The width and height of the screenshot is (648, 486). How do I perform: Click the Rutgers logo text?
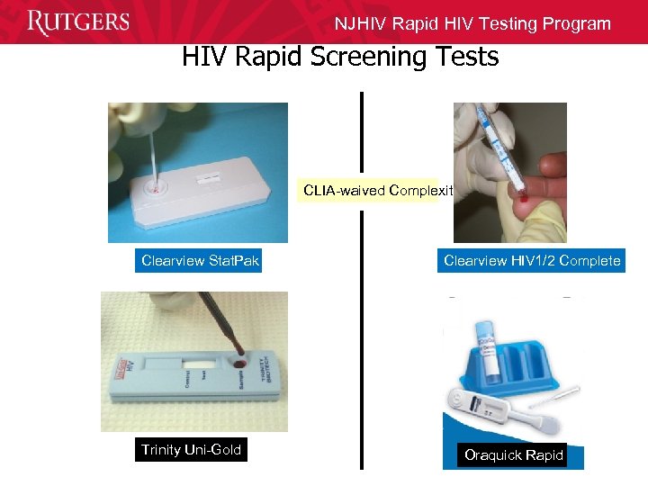click(x=78, y=22)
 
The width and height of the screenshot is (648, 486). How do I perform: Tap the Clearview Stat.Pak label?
click(x=200, y=261)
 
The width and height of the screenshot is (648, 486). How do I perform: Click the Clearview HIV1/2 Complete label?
click(x=532, y=261)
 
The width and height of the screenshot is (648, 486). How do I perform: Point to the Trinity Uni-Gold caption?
click(x=191, y=450)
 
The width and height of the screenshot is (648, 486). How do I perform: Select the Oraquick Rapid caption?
click(x=513, y=455)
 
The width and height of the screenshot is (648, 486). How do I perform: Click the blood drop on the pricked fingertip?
click(x=519, y=191)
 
